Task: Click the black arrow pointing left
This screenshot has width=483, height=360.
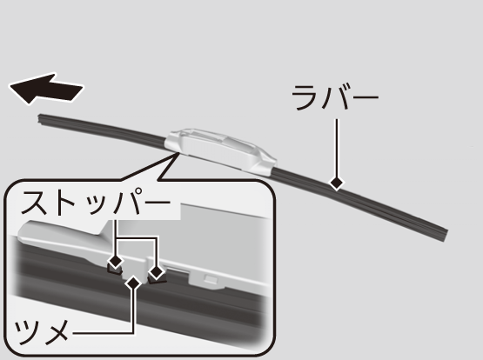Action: [x=46, y=90]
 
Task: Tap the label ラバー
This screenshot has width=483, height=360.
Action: [x=335, y=97]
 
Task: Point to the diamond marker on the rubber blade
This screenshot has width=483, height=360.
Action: [x=337, y=183]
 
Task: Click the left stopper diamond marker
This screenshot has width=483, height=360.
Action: [x=116, y=262]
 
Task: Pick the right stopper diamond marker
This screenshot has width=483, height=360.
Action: [x=157, y=272]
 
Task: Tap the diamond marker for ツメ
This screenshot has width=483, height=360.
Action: [x=134, y=283]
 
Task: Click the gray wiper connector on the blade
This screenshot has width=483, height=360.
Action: [x=220, y=151]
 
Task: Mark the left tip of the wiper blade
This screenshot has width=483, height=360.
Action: [x=39, y=119]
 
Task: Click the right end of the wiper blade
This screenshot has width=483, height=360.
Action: [x=446, y=236]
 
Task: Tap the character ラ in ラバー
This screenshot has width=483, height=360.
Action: [x=305, y=97]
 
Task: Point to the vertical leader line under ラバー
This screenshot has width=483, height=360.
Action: [x=337, y=149]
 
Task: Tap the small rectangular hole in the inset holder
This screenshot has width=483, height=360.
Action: [x=211, y=279]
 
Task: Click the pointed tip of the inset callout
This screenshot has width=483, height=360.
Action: [x=178, y=153]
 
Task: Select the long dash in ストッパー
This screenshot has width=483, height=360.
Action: [x=157, y=203]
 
